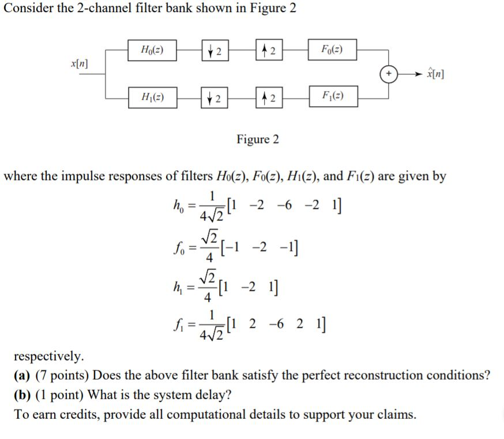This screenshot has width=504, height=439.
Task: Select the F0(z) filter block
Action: click(332, 50)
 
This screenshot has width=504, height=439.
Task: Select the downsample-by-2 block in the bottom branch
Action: click(214, 97)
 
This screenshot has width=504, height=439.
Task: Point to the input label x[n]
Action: click(79, 62)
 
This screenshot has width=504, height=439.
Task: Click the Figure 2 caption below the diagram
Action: click(257, 139)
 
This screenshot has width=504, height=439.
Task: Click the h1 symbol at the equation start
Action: click(179, 286)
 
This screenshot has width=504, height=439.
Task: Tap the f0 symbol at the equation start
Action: click(179, 246)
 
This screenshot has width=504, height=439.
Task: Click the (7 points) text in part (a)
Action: click(62, 376)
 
